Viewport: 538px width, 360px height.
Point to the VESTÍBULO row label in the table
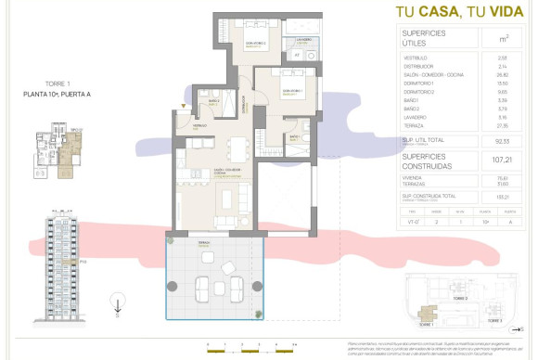416,58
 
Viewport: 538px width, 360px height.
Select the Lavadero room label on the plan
303,41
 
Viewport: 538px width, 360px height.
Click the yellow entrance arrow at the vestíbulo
185,108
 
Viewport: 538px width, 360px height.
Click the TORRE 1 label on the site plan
424,327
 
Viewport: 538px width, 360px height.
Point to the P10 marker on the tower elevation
82,261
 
